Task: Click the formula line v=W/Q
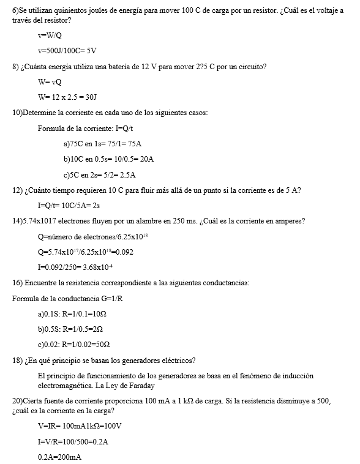(x=50, y=36)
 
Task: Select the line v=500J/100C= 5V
(x=67, y=51)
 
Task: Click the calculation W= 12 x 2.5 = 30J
(x=67, y=97)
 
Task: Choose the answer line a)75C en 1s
(x=102, y=143)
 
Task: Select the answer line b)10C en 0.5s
(x=108, y=159)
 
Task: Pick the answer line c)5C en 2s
(x=99, y=174)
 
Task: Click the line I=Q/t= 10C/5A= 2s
(x=69, y=205)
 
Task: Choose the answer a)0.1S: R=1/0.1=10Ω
(x=73, y=313)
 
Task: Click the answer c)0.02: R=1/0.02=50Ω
(x=73, y=344)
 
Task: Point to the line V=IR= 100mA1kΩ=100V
(x=80, y=425)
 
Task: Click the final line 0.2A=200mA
(x=60, y=457)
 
